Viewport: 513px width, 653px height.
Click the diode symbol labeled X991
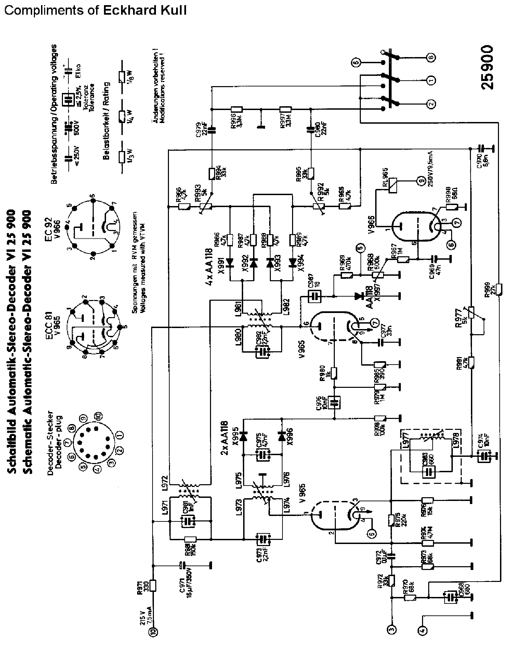[x=230, y=262]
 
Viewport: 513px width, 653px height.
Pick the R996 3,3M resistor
[x=237, y=109]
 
